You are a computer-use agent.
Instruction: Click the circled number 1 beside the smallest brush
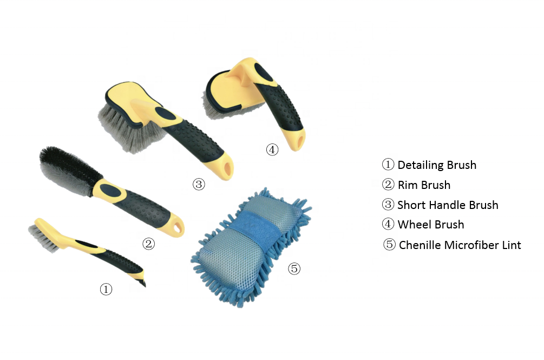click(106, 289)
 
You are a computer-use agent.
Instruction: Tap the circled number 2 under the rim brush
click(148, 244)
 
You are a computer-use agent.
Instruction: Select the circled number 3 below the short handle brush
click(199, 184)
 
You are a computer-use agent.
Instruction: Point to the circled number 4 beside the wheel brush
click(272, 149)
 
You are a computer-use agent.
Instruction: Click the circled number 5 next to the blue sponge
click(294, 268)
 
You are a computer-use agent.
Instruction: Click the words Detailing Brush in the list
click(437, 165)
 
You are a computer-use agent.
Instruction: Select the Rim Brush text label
click(424, 185)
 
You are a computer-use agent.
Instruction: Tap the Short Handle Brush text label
click(448, 205)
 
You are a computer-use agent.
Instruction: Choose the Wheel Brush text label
click(430, 225)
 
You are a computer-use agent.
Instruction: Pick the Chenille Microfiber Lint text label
click(460, 245)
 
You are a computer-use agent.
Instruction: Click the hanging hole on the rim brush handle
click(179, 227)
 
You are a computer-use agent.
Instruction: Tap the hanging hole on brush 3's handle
click(228, 169)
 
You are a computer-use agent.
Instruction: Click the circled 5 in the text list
click(389, 245)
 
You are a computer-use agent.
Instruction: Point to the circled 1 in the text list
click(388, 165)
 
